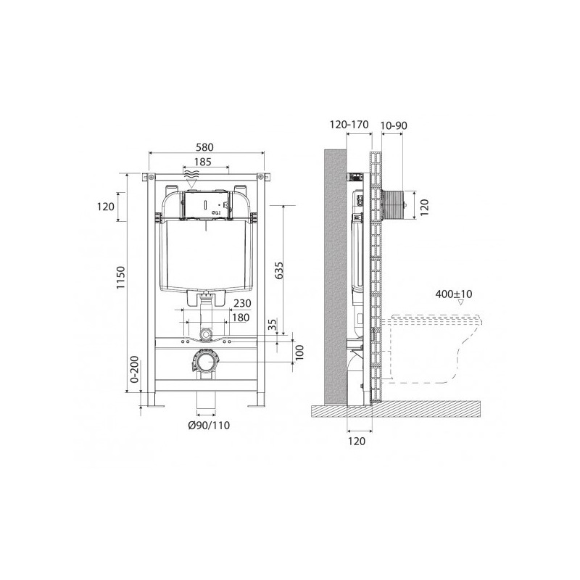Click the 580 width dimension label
[204, 147]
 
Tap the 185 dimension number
[203, 162]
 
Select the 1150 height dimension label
[120, 278]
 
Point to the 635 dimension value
[279, 270]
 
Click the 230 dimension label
[242, 303]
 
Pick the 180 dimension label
[241, 318]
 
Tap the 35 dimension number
[273, 324]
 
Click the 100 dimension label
[299, 352]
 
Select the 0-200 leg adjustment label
[135, 369]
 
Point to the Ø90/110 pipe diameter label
[209, 426]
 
